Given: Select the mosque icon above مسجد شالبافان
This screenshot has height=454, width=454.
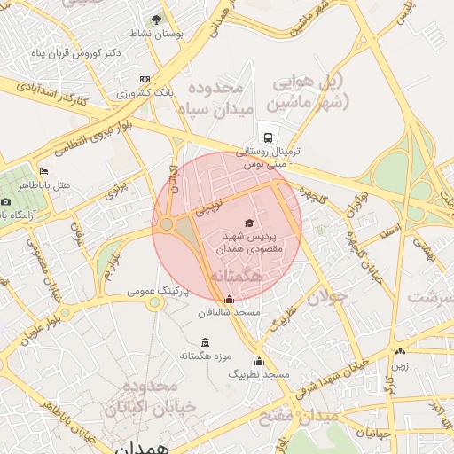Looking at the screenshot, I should click(231, 300).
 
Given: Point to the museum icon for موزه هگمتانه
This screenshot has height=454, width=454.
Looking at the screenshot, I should click(206, 342).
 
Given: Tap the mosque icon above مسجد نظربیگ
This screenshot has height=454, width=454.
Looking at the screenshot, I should click(259, 361).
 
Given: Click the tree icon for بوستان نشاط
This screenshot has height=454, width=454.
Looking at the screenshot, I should click(157, 18).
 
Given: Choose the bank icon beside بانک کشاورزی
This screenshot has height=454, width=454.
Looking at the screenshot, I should click(145, 79).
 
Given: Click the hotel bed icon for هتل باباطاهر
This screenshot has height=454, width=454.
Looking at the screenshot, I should click(43, 170).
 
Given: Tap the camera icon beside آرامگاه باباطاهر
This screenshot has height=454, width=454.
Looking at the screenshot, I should click(6, 201).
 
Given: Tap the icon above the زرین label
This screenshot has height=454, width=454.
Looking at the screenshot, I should click(400, 352).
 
